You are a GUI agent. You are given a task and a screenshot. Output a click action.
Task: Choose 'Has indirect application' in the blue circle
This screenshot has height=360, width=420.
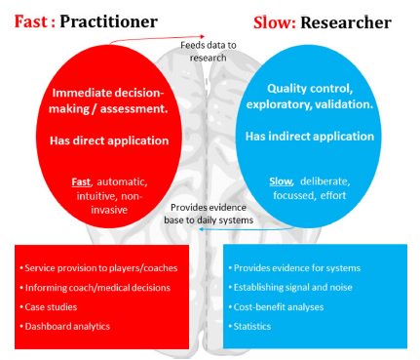click(312, 137)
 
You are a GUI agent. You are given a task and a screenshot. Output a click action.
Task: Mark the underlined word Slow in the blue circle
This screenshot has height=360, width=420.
click(282, 180)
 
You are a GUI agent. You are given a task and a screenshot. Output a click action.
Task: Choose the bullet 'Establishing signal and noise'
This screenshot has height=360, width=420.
click(294, 287)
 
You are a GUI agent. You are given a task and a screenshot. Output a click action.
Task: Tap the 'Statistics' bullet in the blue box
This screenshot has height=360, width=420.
click(255, 325)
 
